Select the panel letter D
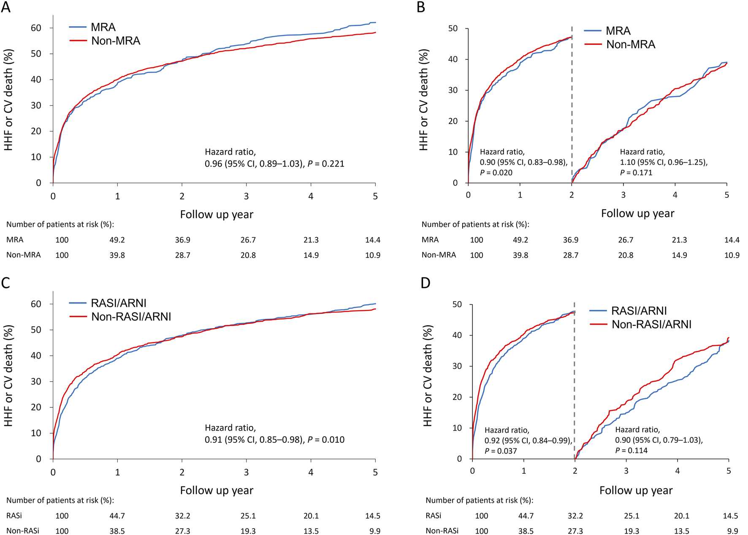click(x=425, y=283)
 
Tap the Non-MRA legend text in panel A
click(x=116, y=41)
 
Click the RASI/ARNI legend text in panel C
click(x=119, y=303)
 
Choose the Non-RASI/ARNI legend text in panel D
click(x=651, y=325)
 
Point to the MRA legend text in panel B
click(x=618, y=31)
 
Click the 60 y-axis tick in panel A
click(x=36, y=28)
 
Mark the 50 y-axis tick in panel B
click(x=453, y=28)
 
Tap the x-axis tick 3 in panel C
click(x=246, y=472)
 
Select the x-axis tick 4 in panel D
click(x=678, y=471)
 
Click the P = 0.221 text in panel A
click(x=325, y=164)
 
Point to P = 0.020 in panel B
click(x=496, y=172)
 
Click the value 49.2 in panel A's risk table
click(x=117, y=240)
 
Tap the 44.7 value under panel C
click(x=117, y=516)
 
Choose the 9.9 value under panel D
click(x=732, y=531)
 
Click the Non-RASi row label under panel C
click(x=22, y=531)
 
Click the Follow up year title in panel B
click(x=637, y=213)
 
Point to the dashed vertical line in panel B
click(x=572, y=106)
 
